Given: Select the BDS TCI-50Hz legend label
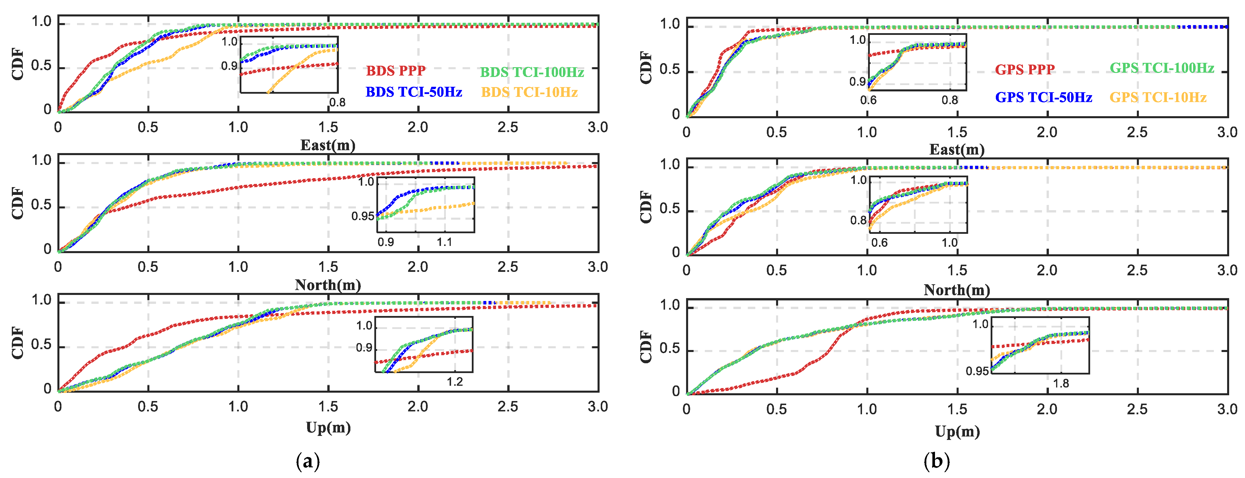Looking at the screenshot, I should tap(414, 92).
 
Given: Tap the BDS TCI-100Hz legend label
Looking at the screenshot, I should tap(532, 72).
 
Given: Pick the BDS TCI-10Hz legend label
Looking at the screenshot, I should tap(529, 92).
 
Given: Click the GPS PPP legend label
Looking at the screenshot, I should tap(1025, 69).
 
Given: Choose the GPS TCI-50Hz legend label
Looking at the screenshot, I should tap(1043, 97).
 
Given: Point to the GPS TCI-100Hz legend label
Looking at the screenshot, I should tap(1161, 68).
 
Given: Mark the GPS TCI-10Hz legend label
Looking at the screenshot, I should tap(1158, 97).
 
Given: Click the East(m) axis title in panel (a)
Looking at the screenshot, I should tap(328, 145).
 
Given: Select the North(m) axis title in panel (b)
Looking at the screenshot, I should tap(957, 290).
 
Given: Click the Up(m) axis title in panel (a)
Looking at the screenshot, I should tap(328, 427).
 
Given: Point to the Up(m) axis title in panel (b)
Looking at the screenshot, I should tap(957, 431).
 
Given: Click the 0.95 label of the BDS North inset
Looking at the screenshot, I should tap(363, 216).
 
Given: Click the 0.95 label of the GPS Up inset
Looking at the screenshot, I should tap(977, 371).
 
